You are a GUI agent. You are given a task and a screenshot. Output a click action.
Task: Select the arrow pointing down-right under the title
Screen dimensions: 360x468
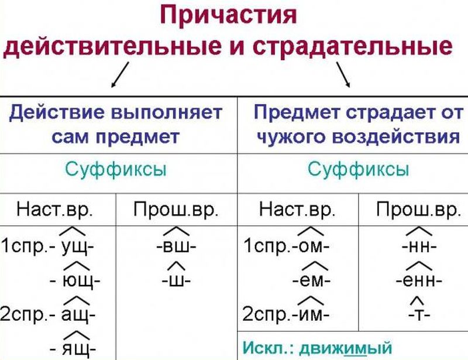344,74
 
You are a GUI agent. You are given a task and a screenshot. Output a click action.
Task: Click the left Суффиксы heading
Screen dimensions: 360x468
115,170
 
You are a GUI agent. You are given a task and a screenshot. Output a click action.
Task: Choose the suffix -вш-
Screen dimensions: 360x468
177,246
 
